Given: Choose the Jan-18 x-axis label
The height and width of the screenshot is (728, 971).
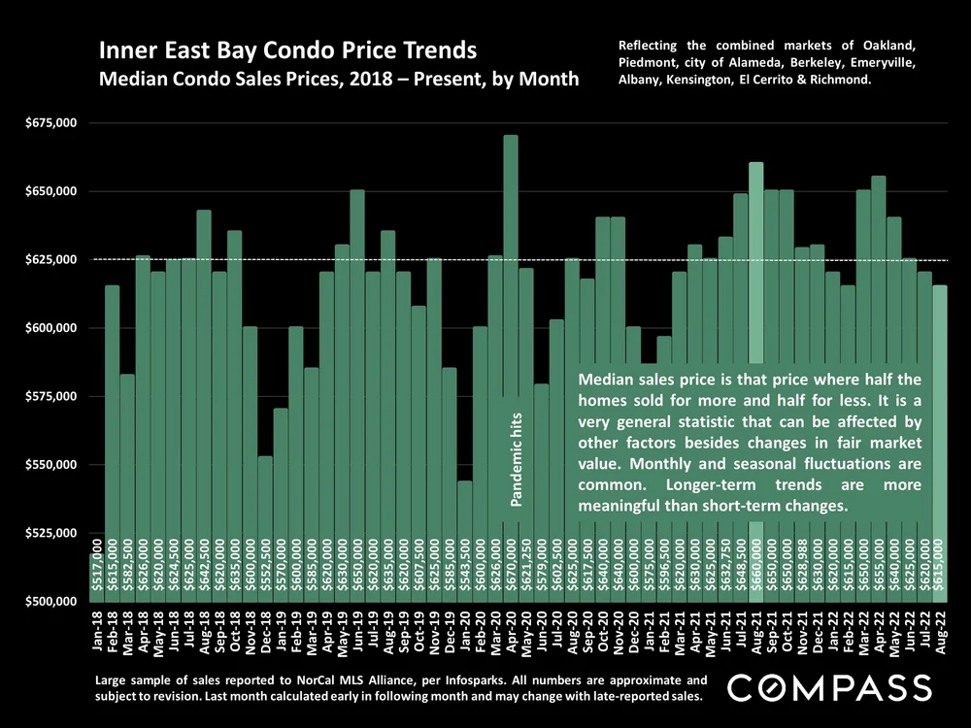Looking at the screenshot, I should (x=97, y=632).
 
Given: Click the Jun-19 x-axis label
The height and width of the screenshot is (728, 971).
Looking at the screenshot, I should (x=357, y=632).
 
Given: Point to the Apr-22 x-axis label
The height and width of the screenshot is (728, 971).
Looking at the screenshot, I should (x=879, y=632).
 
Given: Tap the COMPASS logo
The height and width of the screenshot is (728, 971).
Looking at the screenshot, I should (x=829, y=689).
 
